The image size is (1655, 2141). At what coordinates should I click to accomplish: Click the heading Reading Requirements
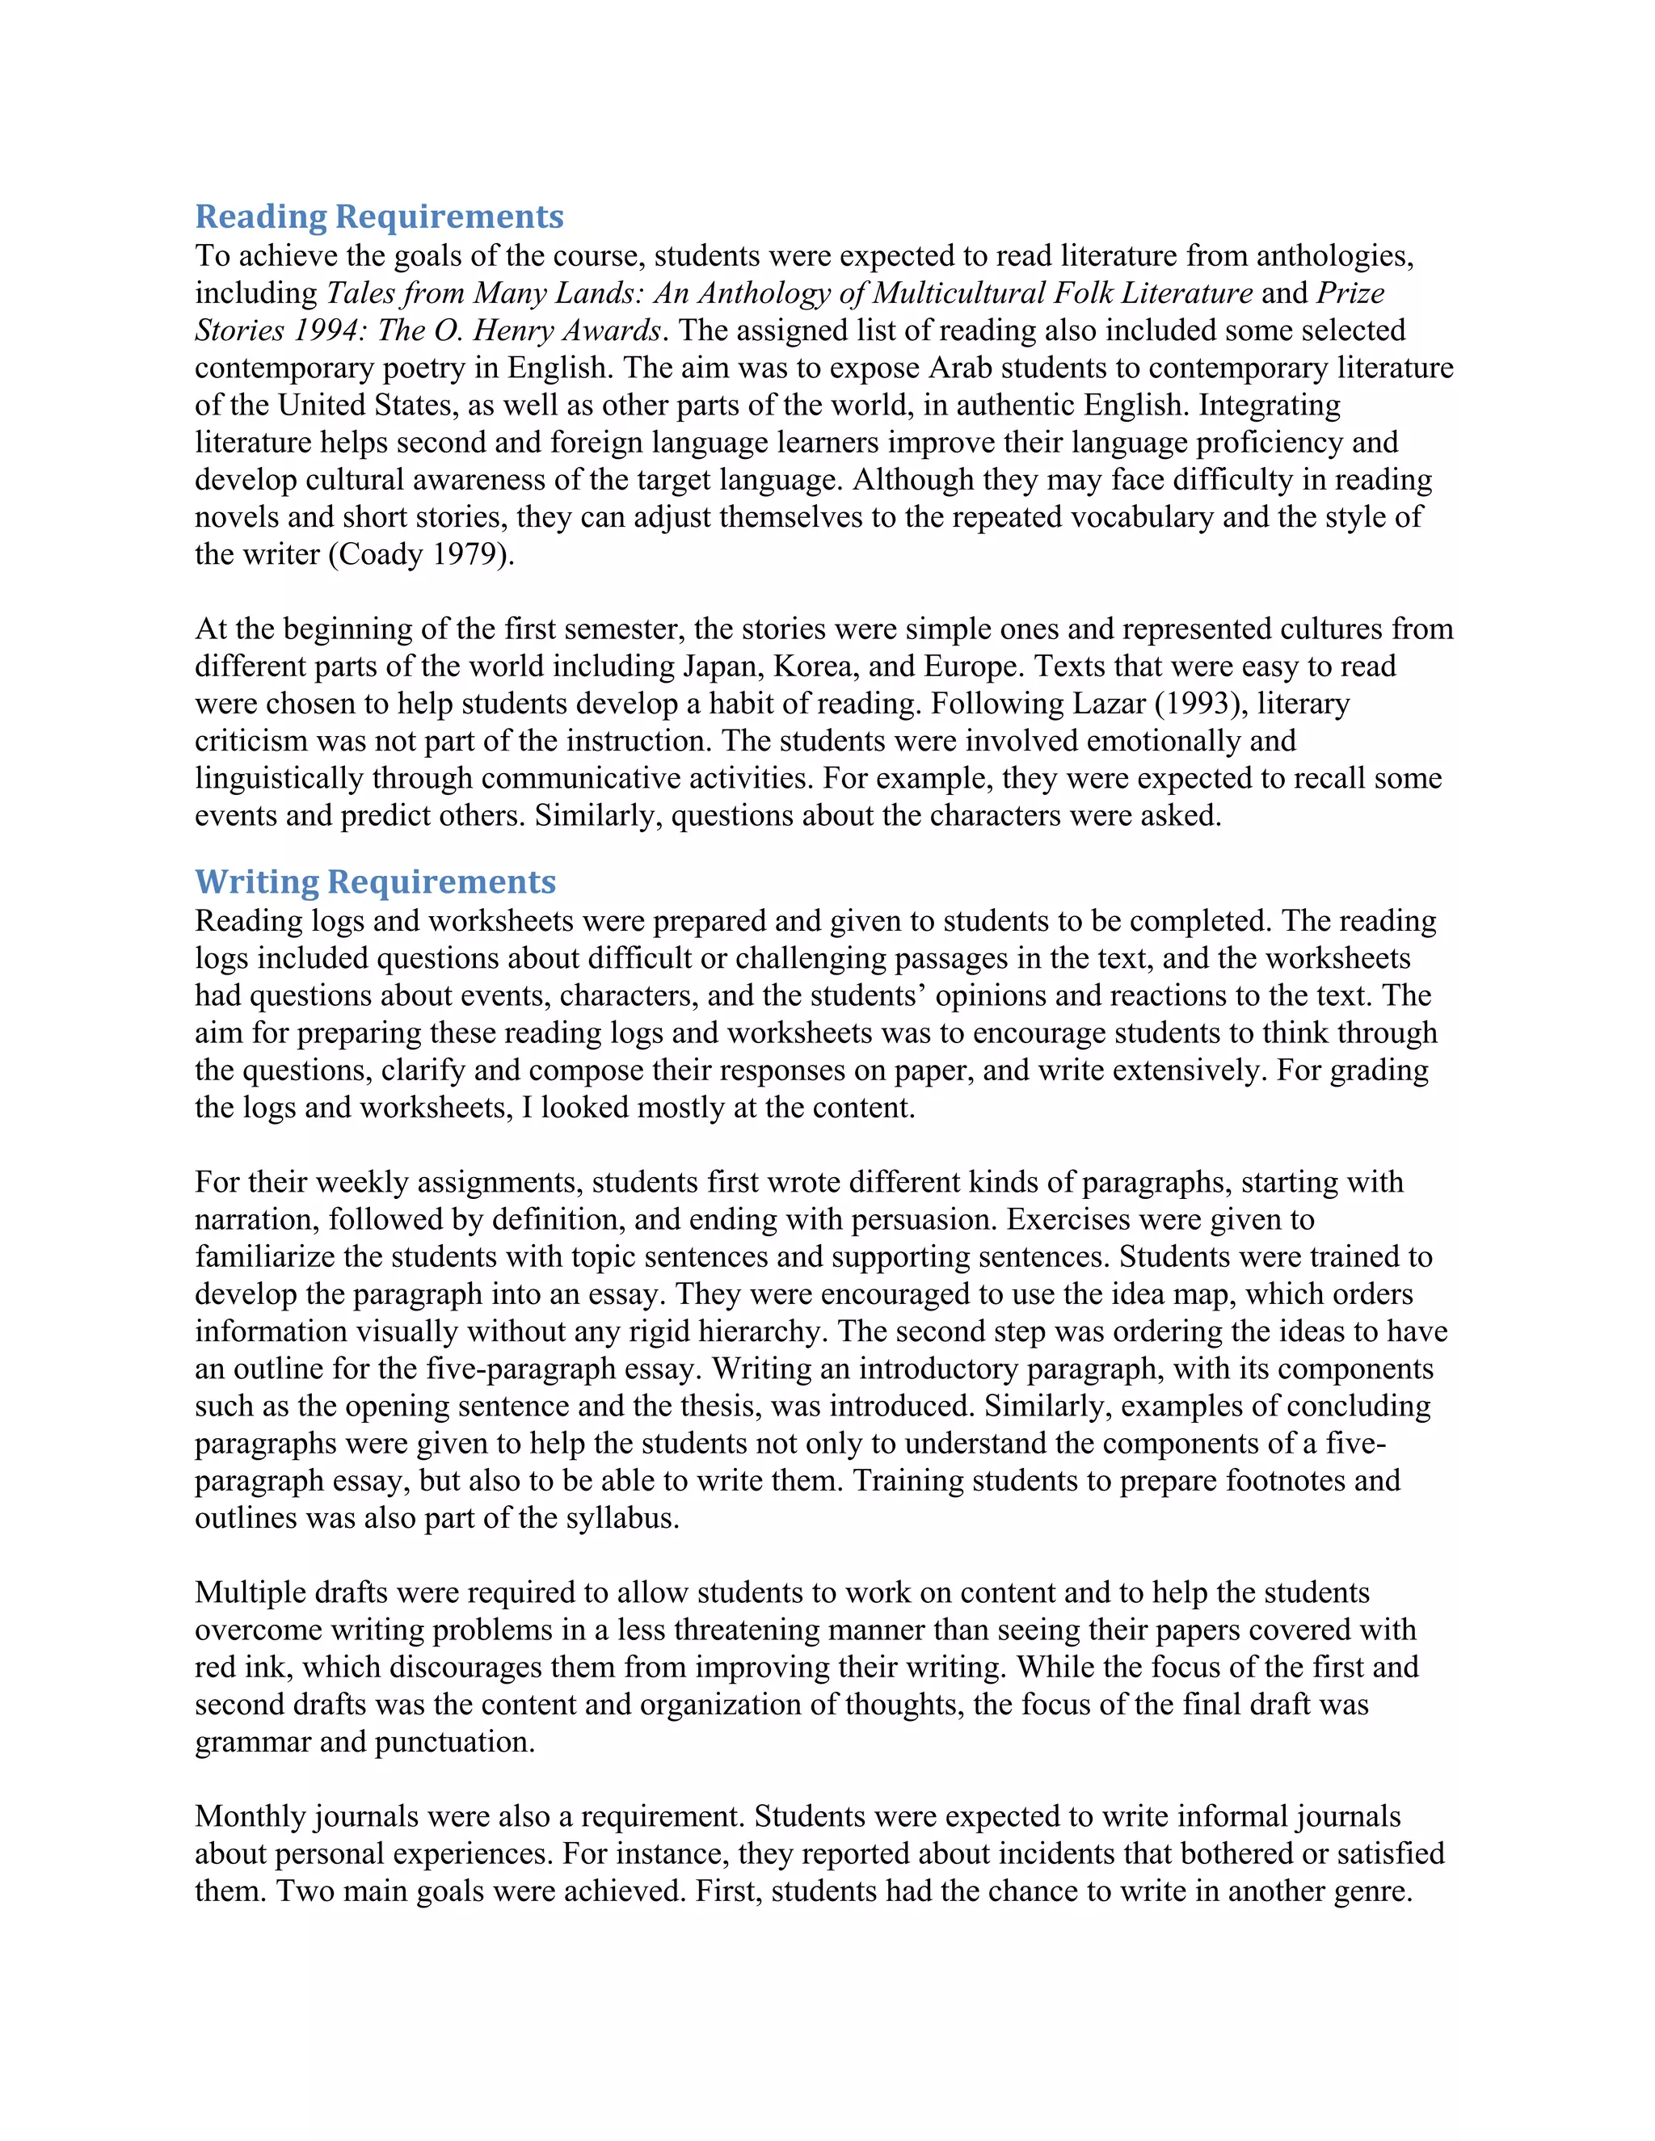(x=380, y=217)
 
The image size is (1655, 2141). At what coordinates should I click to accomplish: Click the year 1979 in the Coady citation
(x=470, y=555)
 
